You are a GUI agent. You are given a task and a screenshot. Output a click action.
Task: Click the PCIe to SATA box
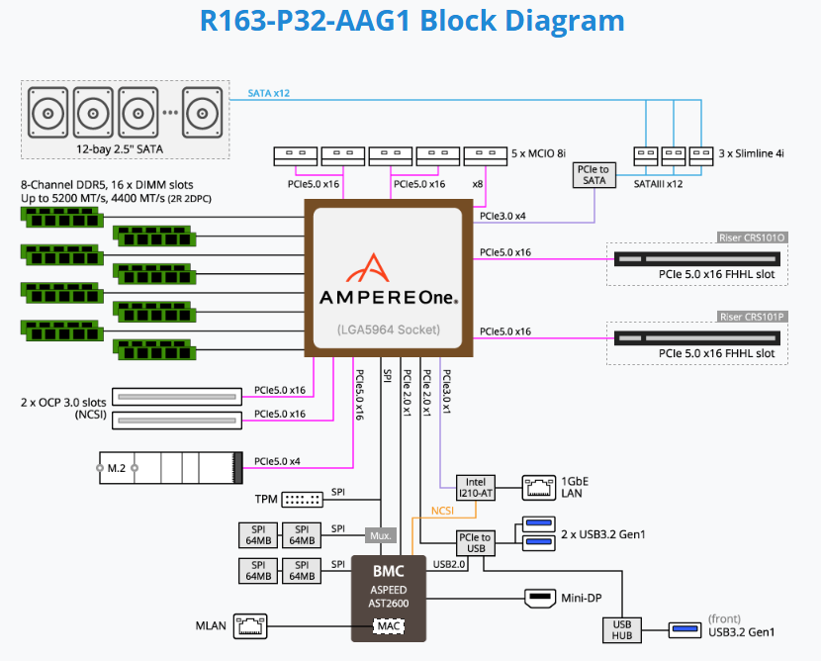(x=594, y=175)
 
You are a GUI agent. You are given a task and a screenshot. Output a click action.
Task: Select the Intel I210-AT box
(x=476, y=488)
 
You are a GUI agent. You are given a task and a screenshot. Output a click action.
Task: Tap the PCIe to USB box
(x=476, y=543)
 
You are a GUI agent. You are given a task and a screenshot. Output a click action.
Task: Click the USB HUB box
(x=622, y=630)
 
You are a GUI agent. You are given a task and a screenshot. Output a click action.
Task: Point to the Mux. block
(x=381, y=535)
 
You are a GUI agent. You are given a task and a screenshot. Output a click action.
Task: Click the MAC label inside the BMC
(x=389, y=626)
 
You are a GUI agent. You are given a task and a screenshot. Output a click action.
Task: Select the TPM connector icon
(x=302, y=500)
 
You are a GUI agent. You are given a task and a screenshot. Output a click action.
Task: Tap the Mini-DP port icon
(x=540, y=598)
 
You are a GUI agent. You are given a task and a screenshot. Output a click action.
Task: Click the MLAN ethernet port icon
(x=250, y=626)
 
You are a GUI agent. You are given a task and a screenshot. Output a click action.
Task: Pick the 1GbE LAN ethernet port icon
(x=539, y=488)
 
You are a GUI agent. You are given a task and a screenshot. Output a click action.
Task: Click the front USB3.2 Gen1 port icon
(x=684, y=629)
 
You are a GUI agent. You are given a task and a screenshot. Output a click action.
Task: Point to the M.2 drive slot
(x=171, y=468)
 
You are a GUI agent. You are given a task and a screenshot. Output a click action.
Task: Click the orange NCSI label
(x=442, y=511)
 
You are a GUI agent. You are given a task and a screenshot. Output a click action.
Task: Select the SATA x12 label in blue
(x=269, y=93)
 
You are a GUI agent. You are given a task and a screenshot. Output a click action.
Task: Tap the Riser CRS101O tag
(x=752, y=237)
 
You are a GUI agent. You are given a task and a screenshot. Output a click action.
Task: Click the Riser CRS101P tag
(x=752, y=317)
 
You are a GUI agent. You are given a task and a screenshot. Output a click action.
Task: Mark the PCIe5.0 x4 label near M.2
(x=277, y=461)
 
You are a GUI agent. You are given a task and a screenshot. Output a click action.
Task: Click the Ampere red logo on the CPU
(x=368, y=267)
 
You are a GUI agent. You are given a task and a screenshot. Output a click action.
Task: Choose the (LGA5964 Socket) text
(x=389, y=330)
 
